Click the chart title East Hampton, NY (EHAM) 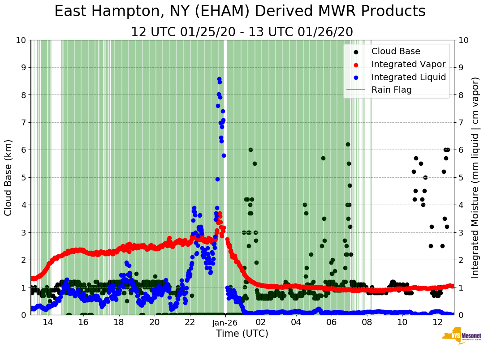pyautogui.click(x=240, y=12)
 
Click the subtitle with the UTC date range pyautogui.click(x=242, y=32)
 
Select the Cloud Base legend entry pyautogui.click(x=396, y=51)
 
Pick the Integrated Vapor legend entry pyautogui.click(x=408, y=64)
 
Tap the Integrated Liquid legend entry pyautogui.click(x=408, y=77)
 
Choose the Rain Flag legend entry pyautogui.click(x=391, y=90)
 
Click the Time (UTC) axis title pyautogui.click(x=242, y=334)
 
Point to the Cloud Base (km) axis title pyautogui.click(x=9, y=177)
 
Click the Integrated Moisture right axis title pyautogui.click(x=475, y=177)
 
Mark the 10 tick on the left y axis pyautogui.click(x=21, y=40)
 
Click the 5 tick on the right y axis pyautogui.click(x=460, y=177)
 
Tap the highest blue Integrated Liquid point pyautogui.click(x=219, y=79)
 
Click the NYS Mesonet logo pyautogui.click(x=461, y=337)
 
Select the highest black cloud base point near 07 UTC pyautogui.click(x=348, y=144)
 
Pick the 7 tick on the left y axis pyautogui.click(x=23, y=122)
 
